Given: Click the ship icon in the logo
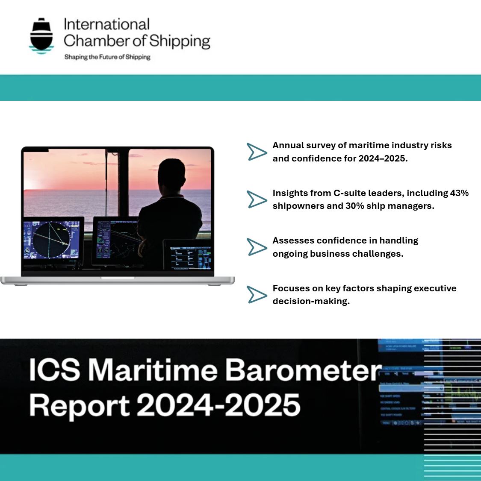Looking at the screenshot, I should pyautogui.click(x=41, y=36).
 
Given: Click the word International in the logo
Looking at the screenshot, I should pyautogui.click(x=106, y=25).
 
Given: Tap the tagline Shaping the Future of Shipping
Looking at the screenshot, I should pyautogui.click(x=107, y=57).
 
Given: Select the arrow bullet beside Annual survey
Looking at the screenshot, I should pyautogui.click(x=257, y=152).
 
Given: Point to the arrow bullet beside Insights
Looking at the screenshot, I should pyautogui.click(x=257, y=199).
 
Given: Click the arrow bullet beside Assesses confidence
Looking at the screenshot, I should pyautogui.click(x=257, y=247).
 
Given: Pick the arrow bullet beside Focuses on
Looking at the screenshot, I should pyautogui.click(x=257, y=295).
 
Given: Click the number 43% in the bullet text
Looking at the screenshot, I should pyautogui.click(x=459, y=193).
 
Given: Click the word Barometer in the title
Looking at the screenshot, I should pyautogui.click(x=303, y=370).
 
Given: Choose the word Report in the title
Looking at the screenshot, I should pyautogui.click(x=80, y=405).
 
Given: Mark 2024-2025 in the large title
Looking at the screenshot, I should pyautogui.click(x=218, y=405).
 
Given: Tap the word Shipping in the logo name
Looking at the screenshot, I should pyautogui.click(x=180, y=41).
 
